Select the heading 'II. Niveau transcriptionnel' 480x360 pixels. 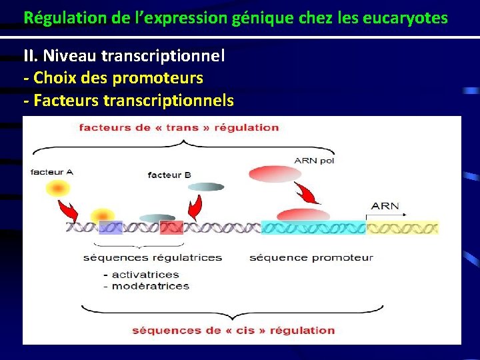[x=124, y=56]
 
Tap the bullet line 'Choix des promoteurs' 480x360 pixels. [x=117, y=78]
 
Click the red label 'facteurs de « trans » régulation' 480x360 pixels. [x=179, y=127]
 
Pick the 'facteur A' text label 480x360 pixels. [x=52, y=171]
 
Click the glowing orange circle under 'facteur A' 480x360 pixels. [x=59, y=189]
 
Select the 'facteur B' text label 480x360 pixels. [x=169, y=175]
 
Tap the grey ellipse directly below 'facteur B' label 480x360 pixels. [x=207, y=187]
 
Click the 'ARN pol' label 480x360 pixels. [x=314, y=160]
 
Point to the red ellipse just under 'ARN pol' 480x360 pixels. [x=275, y=174]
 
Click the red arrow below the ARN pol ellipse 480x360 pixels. [x=308, y=194]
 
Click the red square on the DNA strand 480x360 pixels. [x=171, y=227]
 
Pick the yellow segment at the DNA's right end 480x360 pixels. [x=403, y=227]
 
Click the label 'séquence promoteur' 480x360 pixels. [x=311, y=257]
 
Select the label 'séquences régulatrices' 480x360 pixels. [x=153, y=257]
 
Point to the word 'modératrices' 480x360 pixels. [x=151, y=285]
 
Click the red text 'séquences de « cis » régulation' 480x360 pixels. [x=233, y=330]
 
